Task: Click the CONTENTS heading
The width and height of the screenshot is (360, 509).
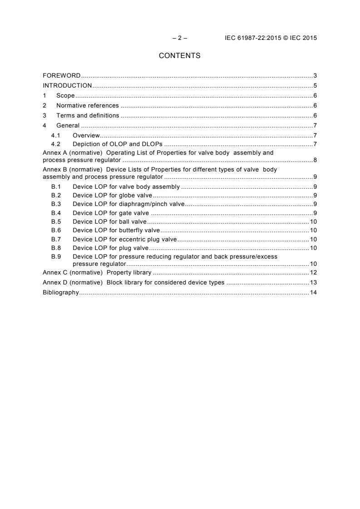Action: [x=179, y=56]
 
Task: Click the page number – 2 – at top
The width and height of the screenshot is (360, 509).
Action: [x=180, y=38]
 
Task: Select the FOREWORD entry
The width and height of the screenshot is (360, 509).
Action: [x=62, y=75]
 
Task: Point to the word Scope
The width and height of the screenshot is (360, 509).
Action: [x=65, y=96]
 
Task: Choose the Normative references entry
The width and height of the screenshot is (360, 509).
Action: [x=87, y=106]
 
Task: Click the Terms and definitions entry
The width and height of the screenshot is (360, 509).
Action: [x=87, y=116]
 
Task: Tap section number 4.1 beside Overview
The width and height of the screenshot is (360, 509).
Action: [x=56, y=136]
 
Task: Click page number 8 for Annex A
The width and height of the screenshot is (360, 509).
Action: [x=315, y=161]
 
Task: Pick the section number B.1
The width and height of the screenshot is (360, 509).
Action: [x=56, y=187]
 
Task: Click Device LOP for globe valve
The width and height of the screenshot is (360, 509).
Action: [x=112, y=196]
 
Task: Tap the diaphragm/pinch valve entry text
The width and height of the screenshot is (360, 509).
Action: [x=128, y=204]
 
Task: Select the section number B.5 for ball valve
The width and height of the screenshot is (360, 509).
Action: [x=56, y=222]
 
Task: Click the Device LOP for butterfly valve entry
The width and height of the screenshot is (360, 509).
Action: [x=116, y=230]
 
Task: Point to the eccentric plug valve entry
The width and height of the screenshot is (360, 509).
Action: [x=125, y=239]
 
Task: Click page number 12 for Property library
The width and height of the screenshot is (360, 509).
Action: [x=313, y=273]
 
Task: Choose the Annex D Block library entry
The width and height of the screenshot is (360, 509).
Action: [x=133, y=283]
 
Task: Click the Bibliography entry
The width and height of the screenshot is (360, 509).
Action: [x=61, y=293]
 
